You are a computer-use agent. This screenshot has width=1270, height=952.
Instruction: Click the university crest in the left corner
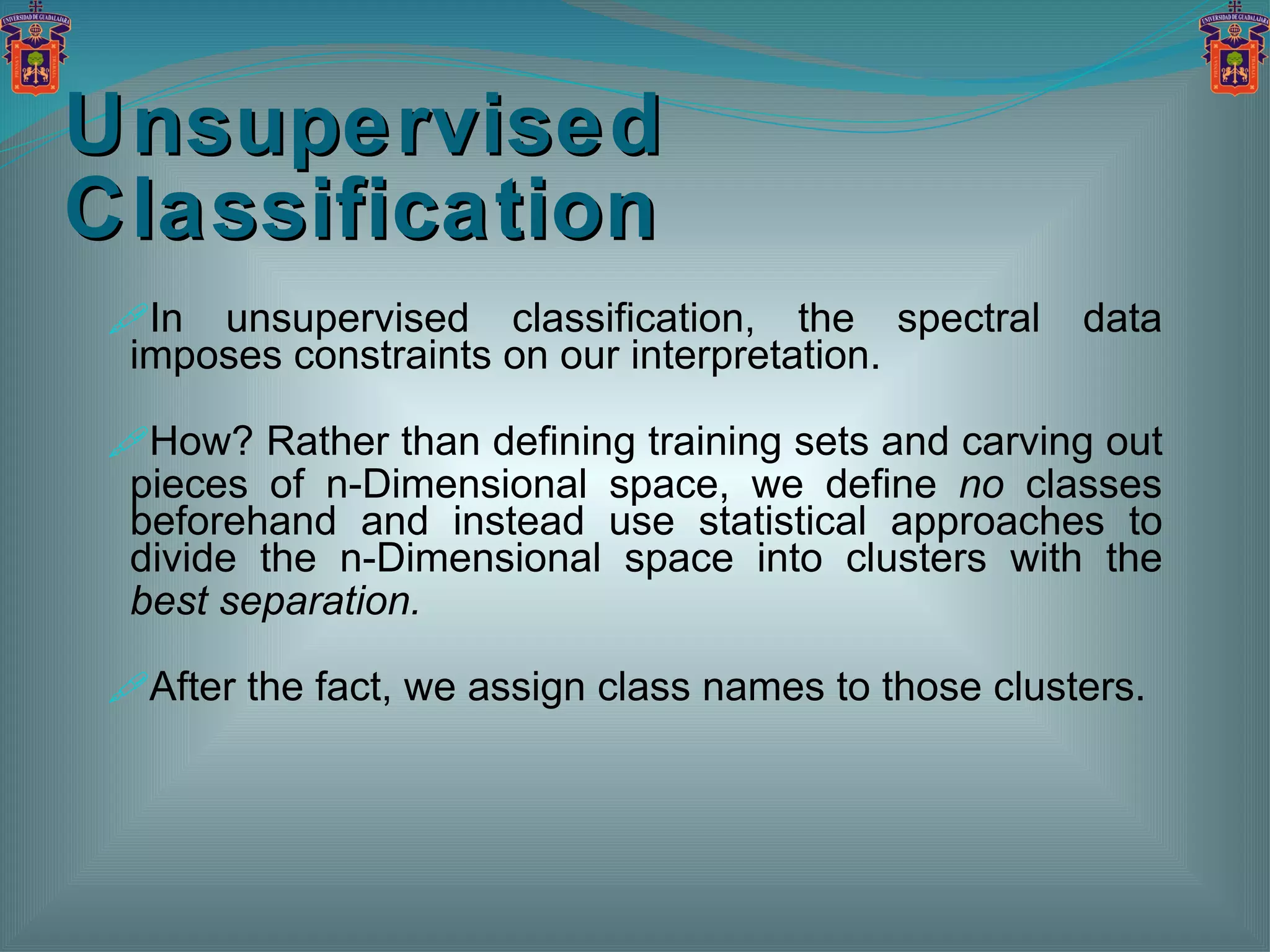coord(35,50)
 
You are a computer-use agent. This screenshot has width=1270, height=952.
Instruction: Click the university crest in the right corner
coord(1234,50)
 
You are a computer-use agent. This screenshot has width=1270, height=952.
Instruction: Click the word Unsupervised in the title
coord(365,126)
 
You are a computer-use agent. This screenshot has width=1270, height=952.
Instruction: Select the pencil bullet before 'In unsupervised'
coord(129,318)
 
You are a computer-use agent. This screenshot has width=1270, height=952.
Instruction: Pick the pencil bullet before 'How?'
coord(129,442)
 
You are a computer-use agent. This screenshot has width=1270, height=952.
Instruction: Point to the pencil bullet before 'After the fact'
coord(129,687)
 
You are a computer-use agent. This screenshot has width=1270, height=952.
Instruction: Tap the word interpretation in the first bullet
coord(755,356)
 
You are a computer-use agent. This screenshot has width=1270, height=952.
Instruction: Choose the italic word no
coord(981,485)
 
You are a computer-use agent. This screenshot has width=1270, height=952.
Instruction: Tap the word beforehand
coord(233,521)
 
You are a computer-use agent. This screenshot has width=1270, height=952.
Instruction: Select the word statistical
coord(782,521)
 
